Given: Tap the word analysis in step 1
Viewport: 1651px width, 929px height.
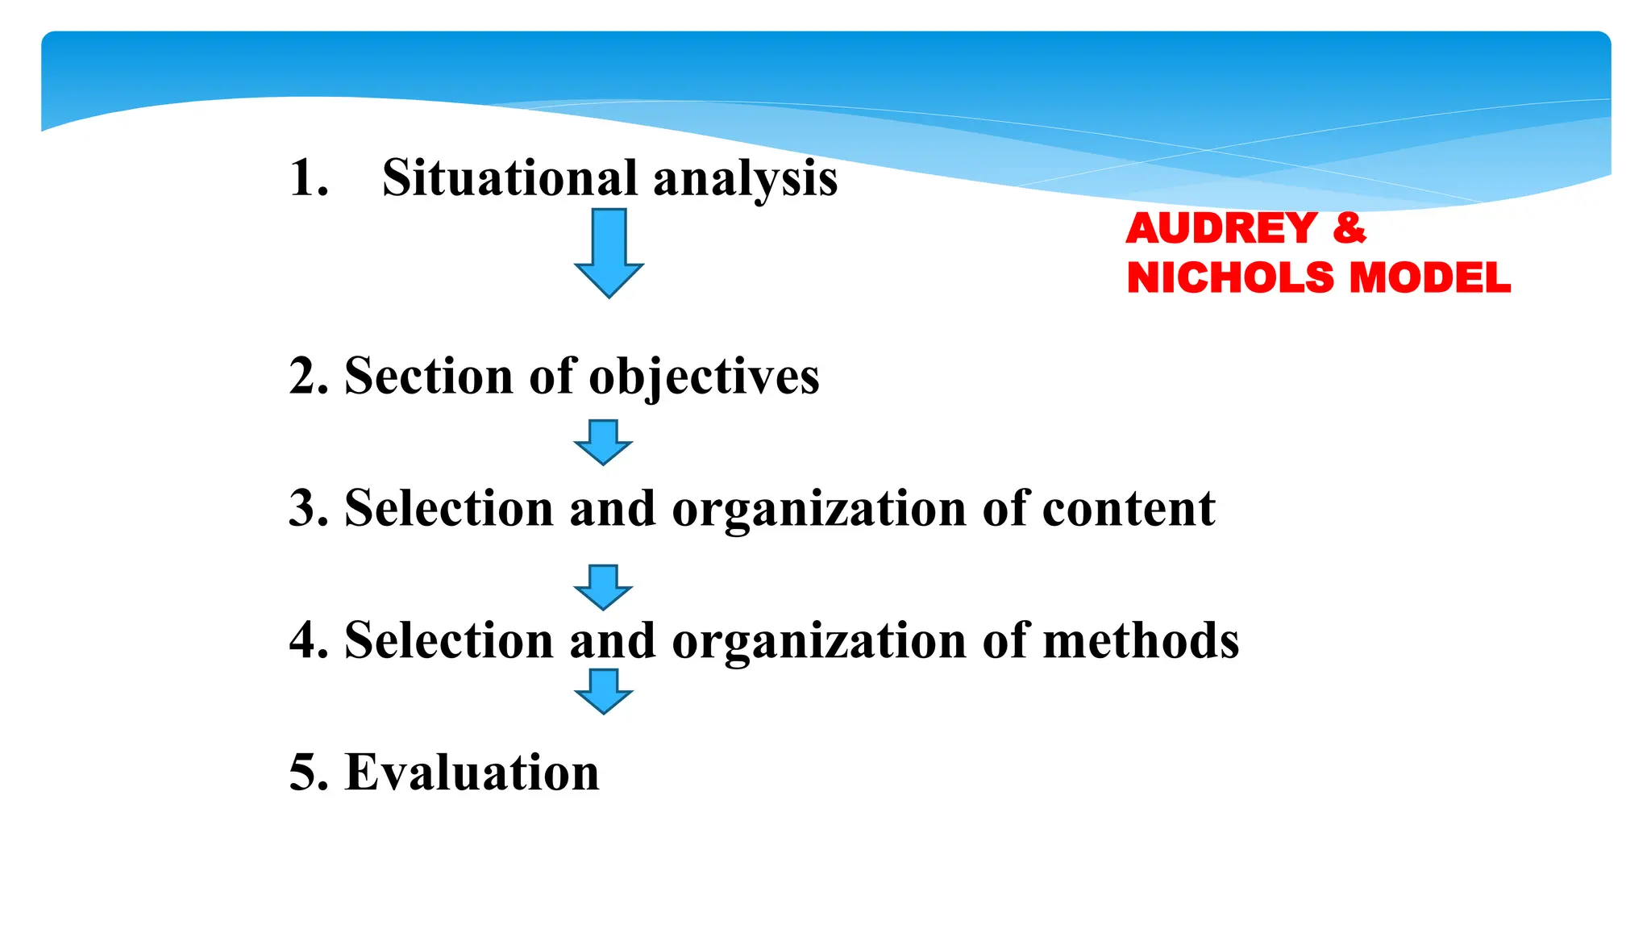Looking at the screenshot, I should (x=745, y=179).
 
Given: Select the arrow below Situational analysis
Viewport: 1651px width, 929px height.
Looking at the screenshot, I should (x=609, y=252).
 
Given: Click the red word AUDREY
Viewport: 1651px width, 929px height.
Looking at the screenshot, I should (x=1221, y=228).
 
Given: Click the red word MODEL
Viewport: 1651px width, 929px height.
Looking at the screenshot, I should (x=1430, y=278).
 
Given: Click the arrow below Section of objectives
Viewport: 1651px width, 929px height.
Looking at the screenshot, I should (x=603, y=442).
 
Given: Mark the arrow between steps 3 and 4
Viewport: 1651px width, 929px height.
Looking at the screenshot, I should (x=603, y=587).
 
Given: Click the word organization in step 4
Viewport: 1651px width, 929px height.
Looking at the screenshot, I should (x=818, y=642).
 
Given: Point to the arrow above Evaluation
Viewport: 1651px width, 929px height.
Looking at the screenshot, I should (x=603, y=691).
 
